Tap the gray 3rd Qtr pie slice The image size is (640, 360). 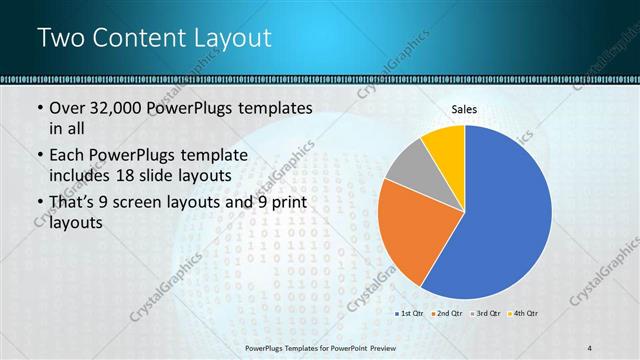pyautogui.click(x=405, y=167)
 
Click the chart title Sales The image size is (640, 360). pyautogui.click(x=464, y=109)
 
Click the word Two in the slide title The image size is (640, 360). pyautogui.click(x=61, y=38)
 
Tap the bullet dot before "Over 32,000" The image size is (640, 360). pyautogui.click(x=39, y=109)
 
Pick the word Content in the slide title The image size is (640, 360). pyautogui.click(x=135, y=38)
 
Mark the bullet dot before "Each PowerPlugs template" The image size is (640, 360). pyautogui.click(x=39, y=156)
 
